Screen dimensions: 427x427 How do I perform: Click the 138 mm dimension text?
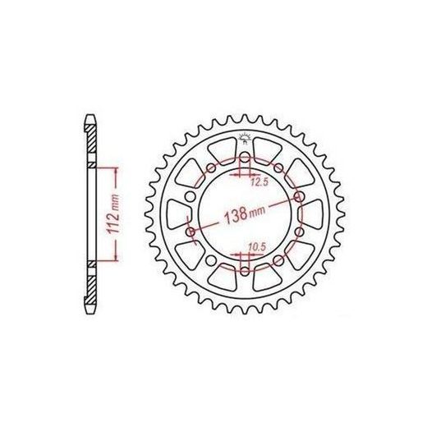[x=245, y=213]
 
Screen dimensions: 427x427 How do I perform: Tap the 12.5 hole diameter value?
[x=259, y=182]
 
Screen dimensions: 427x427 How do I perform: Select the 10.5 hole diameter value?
[x=258, y=247]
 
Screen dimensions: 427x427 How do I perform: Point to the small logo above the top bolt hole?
[x=243, y=138]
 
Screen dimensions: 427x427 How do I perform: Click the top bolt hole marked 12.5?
[x=245, y=158]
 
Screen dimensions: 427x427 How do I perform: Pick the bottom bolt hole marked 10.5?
[x=245, y=272]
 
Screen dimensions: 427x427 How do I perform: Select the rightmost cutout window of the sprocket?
[x=313, y=214]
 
